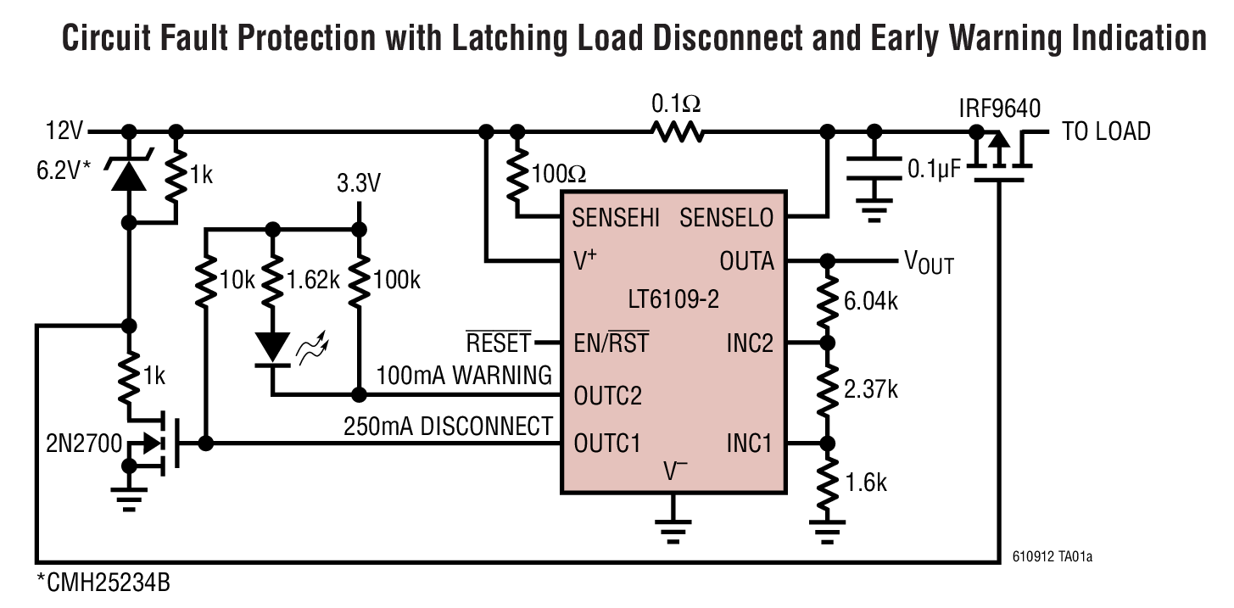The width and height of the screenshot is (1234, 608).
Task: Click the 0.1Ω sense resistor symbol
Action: (677, 131)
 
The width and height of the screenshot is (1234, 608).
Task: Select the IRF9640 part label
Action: (999, 109)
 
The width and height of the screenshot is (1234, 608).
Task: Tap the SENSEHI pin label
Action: (616, 218)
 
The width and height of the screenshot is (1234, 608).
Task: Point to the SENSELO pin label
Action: (727, 218)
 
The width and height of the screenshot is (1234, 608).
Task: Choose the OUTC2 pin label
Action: (607, 395)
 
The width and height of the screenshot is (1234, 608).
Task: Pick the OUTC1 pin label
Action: (607, 443)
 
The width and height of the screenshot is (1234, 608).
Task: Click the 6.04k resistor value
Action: (870, 301)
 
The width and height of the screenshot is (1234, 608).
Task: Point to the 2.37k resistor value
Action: (870, 389)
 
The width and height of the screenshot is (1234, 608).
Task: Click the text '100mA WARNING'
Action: (464, 375)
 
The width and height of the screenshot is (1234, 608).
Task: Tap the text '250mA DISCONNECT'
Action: (448, 426)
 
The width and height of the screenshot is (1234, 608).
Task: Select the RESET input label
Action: (499, 343)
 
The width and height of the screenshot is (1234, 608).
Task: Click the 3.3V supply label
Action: (359, 183)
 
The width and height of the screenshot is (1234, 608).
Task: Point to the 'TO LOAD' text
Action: (1106, 131)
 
